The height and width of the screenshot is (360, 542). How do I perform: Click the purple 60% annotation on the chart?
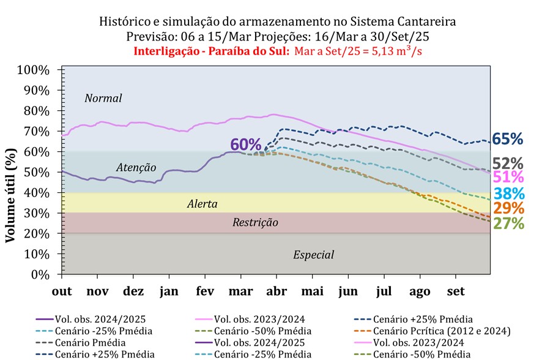tap(246, 145)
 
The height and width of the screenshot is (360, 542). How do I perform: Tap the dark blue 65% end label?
tap(507, 139)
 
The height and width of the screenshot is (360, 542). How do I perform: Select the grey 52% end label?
tap(507, 163)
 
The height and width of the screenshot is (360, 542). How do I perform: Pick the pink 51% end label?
tap(507, 178)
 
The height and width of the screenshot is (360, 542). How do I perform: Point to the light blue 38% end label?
tap(507, 194)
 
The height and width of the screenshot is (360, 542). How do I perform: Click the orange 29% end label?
tap(507, 208)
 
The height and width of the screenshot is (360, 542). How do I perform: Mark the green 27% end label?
tap(507, 223)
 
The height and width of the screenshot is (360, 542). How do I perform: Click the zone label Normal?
tap(103, 98)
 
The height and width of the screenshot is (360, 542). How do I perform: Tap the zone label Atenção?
tap(136, 167)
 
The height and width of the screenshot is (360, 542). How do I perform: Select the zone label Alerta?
tap(202, 204)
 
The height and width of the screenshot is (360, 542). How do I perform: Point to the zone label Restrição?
tap(255, 223)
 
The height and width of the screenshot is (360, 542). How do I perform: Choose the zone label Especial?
tap(314, 255)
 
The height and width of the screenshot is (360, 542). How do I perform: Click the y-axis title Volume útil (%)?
tap(10, 195)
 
